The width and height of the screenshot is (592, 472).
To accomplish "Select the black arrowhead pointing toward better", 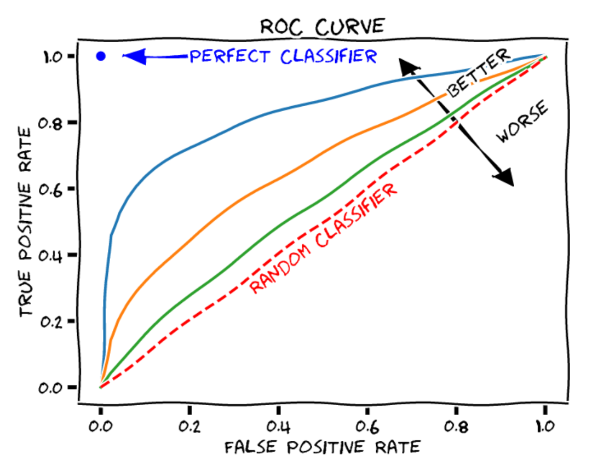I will (x=409, y=67).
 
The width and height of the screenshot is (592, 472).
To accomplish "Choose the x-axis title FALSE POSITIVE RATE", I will (x=323, y=447).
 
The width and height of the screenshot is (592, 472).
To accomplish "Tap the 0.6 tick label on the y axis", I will (x=52, y=189).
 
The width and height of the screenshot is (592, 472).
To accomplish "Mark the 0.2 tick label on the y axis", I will (x=52, y=321).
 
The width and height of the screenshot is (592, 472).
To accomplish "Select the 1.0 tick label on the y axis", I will (x=52, y=56).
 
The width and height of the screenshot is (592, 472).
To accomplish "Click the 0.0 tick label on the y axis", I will (x=52, y=388).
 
